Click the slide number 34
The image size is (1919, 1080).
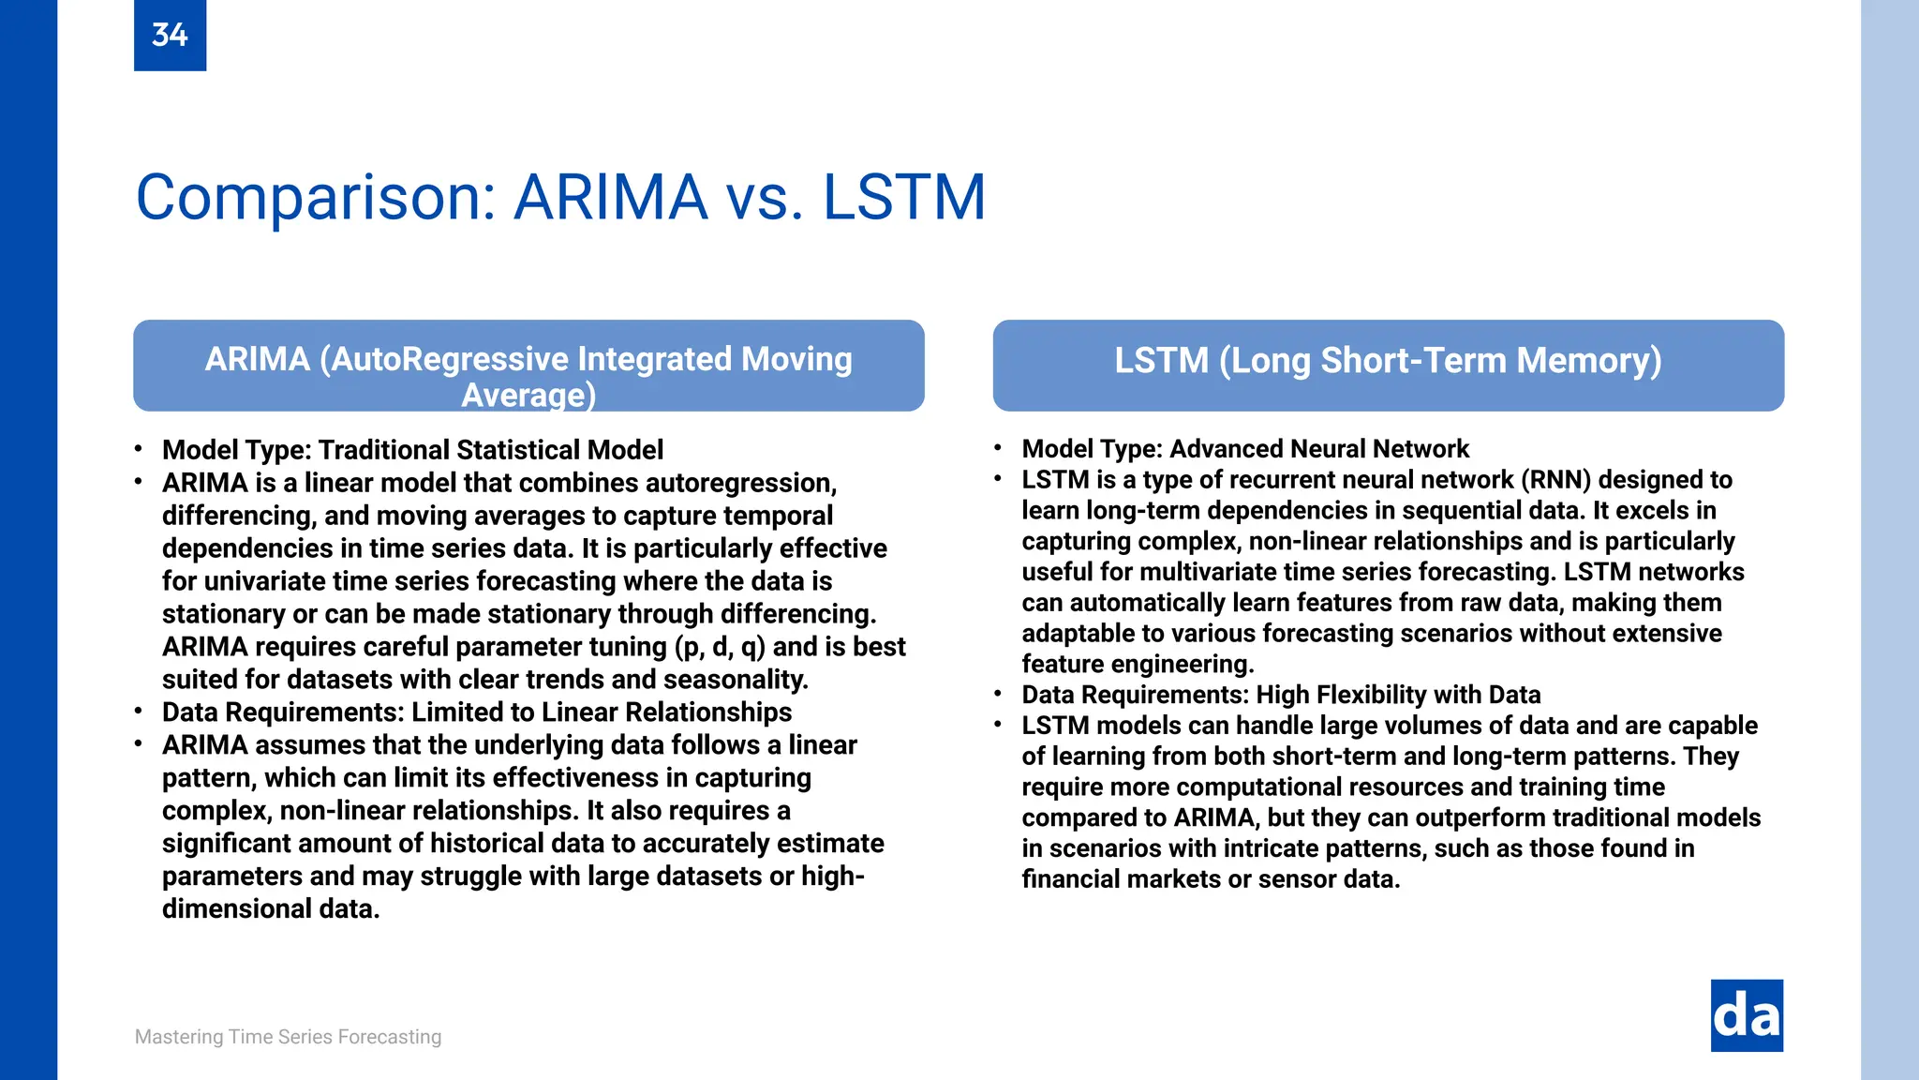coord(170,36)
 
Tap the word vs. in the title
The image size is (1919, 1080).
coord(764,198)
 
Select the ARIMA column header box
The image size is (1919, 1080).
coord(528,366)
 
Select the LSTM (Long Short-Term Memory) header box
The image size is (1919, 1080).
coord(1388,366)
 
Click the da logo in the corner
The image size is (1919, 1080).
coord(1747,1015)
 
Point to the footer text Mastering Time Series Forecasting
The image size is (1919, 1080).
coord(288,1037)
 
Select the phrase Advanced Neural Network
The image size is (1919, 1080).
coord(1319,449)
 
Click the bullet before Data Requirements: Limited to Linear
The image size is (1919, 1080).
coord(139,712)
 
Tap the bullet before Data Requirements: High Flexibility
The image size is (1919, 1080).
coord(998,694)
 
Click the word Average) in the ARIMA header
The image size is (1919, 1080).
coord(528,396)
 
